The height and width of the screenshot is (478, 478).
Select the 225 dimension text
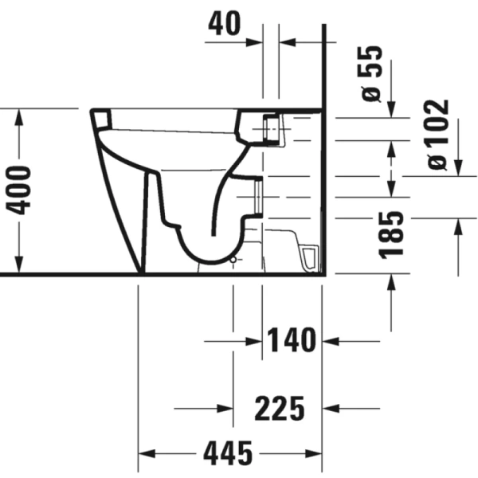click(280, 409)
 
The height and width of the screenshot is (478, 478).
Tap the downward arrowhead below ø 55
click(390, 111)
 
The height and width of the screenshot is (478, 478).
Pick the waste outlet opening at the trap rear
click(258, 196)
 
